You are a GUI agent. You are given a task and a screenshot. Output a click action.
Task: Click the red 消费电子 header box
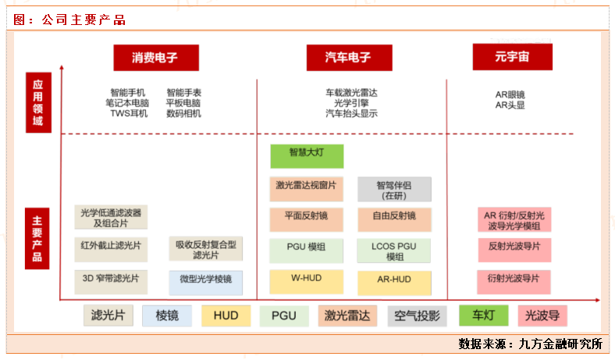click(155, 58)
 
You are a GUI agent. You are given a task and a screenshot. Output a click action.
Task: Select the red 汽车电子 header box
click(348, 58)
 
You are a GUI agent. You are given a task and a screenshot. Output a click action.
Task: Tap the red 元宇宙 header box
click(512, 57)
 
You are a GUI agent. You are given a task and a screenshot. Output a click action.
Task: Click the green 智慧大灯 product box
click(307, 155)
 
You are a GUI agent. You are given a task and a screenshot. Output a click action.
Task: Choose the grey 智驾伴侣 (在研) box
click(394, 190)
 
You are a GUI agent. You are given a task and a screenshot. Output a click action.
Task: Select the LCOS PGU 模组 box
click(395, 251)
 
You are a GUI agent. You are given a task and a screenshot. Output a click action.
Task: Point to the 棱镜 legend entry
click(167, 316)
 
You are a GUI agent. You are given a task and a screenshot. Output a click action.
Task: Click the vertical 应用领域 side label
click(37, 103)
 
